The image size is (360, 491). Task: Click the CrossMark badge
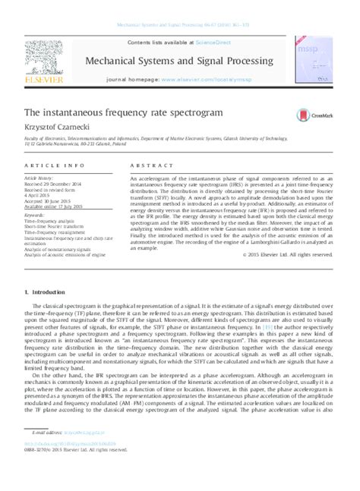tap(318, 112)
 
